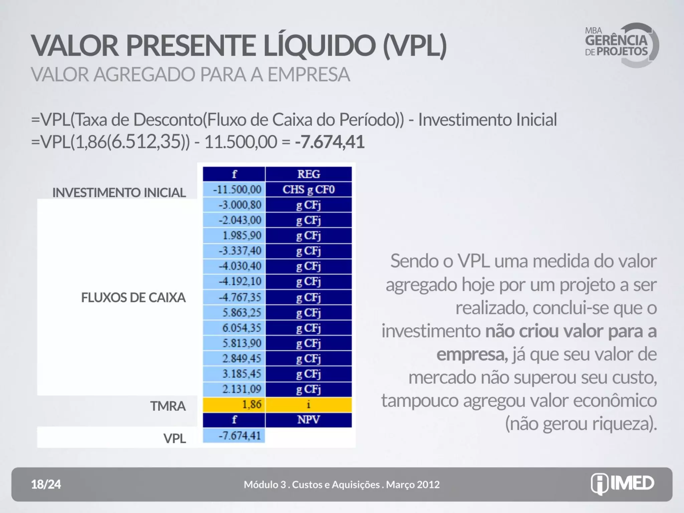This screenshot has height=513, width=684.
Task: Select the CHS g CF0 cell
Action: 309,189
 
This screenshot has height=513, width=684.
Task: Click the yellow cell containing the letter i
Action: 309,404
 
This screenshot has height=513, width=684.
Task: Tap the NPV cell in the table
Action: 309,420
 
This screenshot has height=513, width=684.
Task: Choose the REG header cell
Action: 309,174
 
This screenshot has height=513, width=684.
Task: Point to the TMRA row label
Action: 168,406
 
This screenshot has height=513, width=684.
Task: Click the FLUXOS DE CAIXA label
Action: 133,297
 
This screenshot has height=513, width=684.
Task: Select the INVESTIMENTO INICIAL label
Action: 119,192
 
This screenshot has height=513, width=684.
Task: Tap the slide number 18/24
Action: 46,484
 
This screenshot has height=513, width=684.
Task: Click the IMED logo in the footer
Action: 623,484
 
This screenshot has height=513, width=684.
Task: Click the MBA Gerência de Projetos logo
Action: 621,45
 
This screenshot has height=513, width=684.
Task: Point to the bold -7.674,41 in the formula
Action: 329,142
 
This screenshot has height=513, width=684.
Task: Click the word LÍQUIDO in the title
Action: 320,46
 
